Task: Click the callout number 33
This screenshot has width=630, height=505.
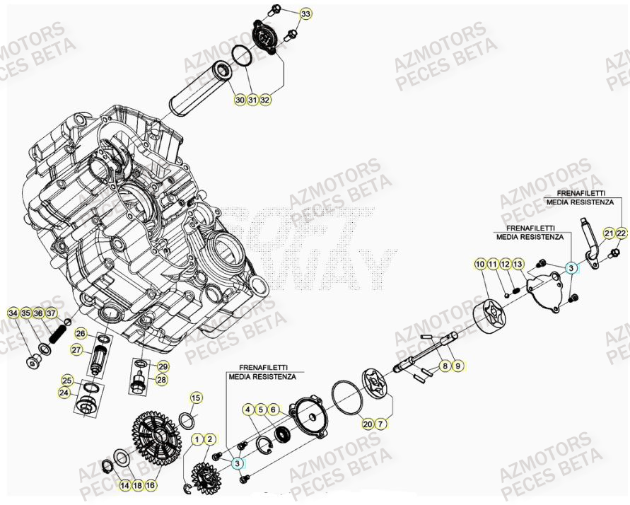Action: (305, 14)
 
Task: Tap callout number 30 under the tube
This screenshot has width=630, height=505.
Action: (240, 100)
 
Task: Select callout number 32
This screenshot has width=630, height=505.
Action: (265, 100)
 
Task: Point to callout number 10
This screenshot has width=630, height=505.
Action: (480, 264)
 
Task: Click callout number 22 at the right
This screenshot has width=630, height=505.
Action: (621, 233)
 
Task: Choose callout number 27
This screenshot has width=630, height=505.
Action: (76, 349)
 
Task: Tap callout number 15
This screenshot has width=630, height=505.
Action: (197, 397)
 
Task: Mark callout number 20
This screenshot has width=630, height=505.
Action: (368, 424)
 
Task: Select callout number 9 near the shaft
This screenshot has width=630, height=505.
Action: (457, 366)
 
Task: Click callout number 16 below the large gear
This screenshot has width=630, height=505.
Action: (151, 486)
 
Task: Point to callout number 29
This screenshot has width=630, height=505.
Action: (162, 366)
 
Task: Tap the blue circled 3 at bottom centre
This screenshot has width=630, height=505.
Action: (237, 463)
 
